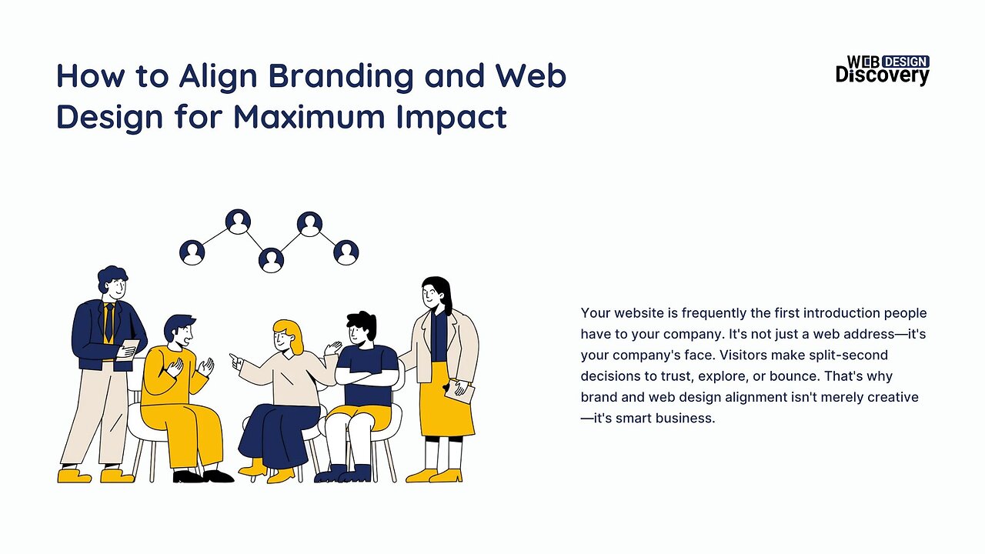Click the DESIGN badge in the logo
(905, 62)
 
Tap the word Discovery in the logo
(882, 75)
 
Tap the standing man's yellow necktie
(110, 322)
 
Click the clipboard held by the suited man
(130, 348)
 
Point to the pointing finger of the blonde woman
(234, 357)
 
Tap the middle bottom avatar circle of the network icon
(271, 259)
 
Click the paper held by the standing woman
(463, 392)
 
